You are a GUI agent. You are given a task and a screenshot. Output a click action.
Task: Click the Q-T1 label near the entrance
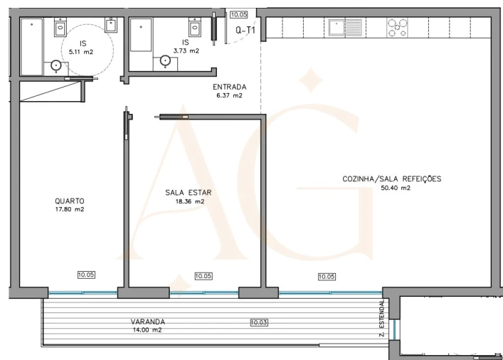[x=245, y=31]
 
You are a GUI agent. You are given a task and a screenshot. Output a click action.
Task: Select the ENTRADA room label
[x=228, y=88]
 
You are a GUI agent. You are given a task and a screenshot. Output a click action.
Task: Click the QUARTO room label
[x=69, y=201]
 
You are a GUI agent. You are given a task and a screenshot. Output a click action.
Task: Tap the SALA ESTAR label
[x=189, y=192]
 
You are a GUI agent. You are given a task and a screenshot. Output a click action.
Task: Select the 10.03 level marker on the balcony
[x=259, y=323]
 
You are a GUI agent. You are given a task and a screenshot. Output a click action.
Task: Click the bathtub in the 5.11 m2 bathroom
[x=31, y=46]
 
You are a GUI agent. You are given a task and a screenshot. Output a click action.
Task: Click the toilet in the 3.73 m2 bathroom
[x=194, y=27]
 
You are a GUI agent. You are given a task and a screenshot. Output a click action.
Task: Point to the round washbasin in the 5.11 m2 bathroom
[x=55, y=65]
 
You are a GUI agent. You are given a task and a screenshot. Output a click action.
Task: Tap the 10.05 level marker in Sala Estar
[x=203, y=276]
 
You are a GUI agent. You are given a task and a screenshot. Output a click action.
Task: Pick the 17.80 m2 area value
[x=69, y=209]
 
